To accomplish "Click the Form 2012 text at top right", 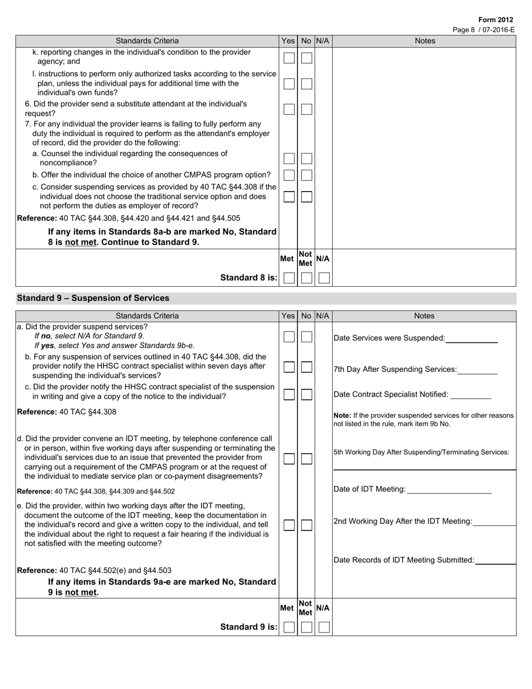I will [x=496, y=20].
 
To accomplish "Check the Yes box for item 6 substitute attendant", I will [x=288, y=109].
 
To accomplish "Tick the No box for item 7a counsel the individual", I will [x=306, y=159].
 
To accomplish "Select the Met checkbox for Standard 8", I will [x=288, y=278].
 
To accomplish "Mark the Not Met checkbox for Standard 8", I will [x=306, y=278].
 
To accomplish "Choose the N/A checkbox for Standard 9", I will [x=324, y=627].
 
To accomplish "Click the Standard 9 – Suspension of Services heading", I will [x=93, y=298].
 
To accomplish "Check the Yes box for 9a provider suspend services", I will [x=288, y=337].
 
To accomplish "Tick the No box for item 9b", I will [x=306, y=367].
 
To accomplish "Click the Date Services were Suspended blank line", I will [x=472, y=339].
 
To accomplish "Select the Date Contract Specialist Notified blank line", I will [x=470, y=395].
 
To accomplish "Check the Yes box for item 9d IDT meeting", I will [x=288, y=459].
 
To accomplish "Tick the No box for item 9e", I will [x=306, y=525].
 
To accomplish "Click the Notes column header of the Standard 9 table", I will [x=424, y=316].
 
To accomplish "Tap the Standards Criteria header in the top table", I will [x=147, y=41].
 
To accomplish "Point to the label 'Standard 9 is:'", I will [x=249, y=627].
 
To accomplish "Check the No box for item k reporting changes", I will [x=306, y=58].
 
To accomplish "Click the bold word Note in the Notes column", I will [x=342, y=416].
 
